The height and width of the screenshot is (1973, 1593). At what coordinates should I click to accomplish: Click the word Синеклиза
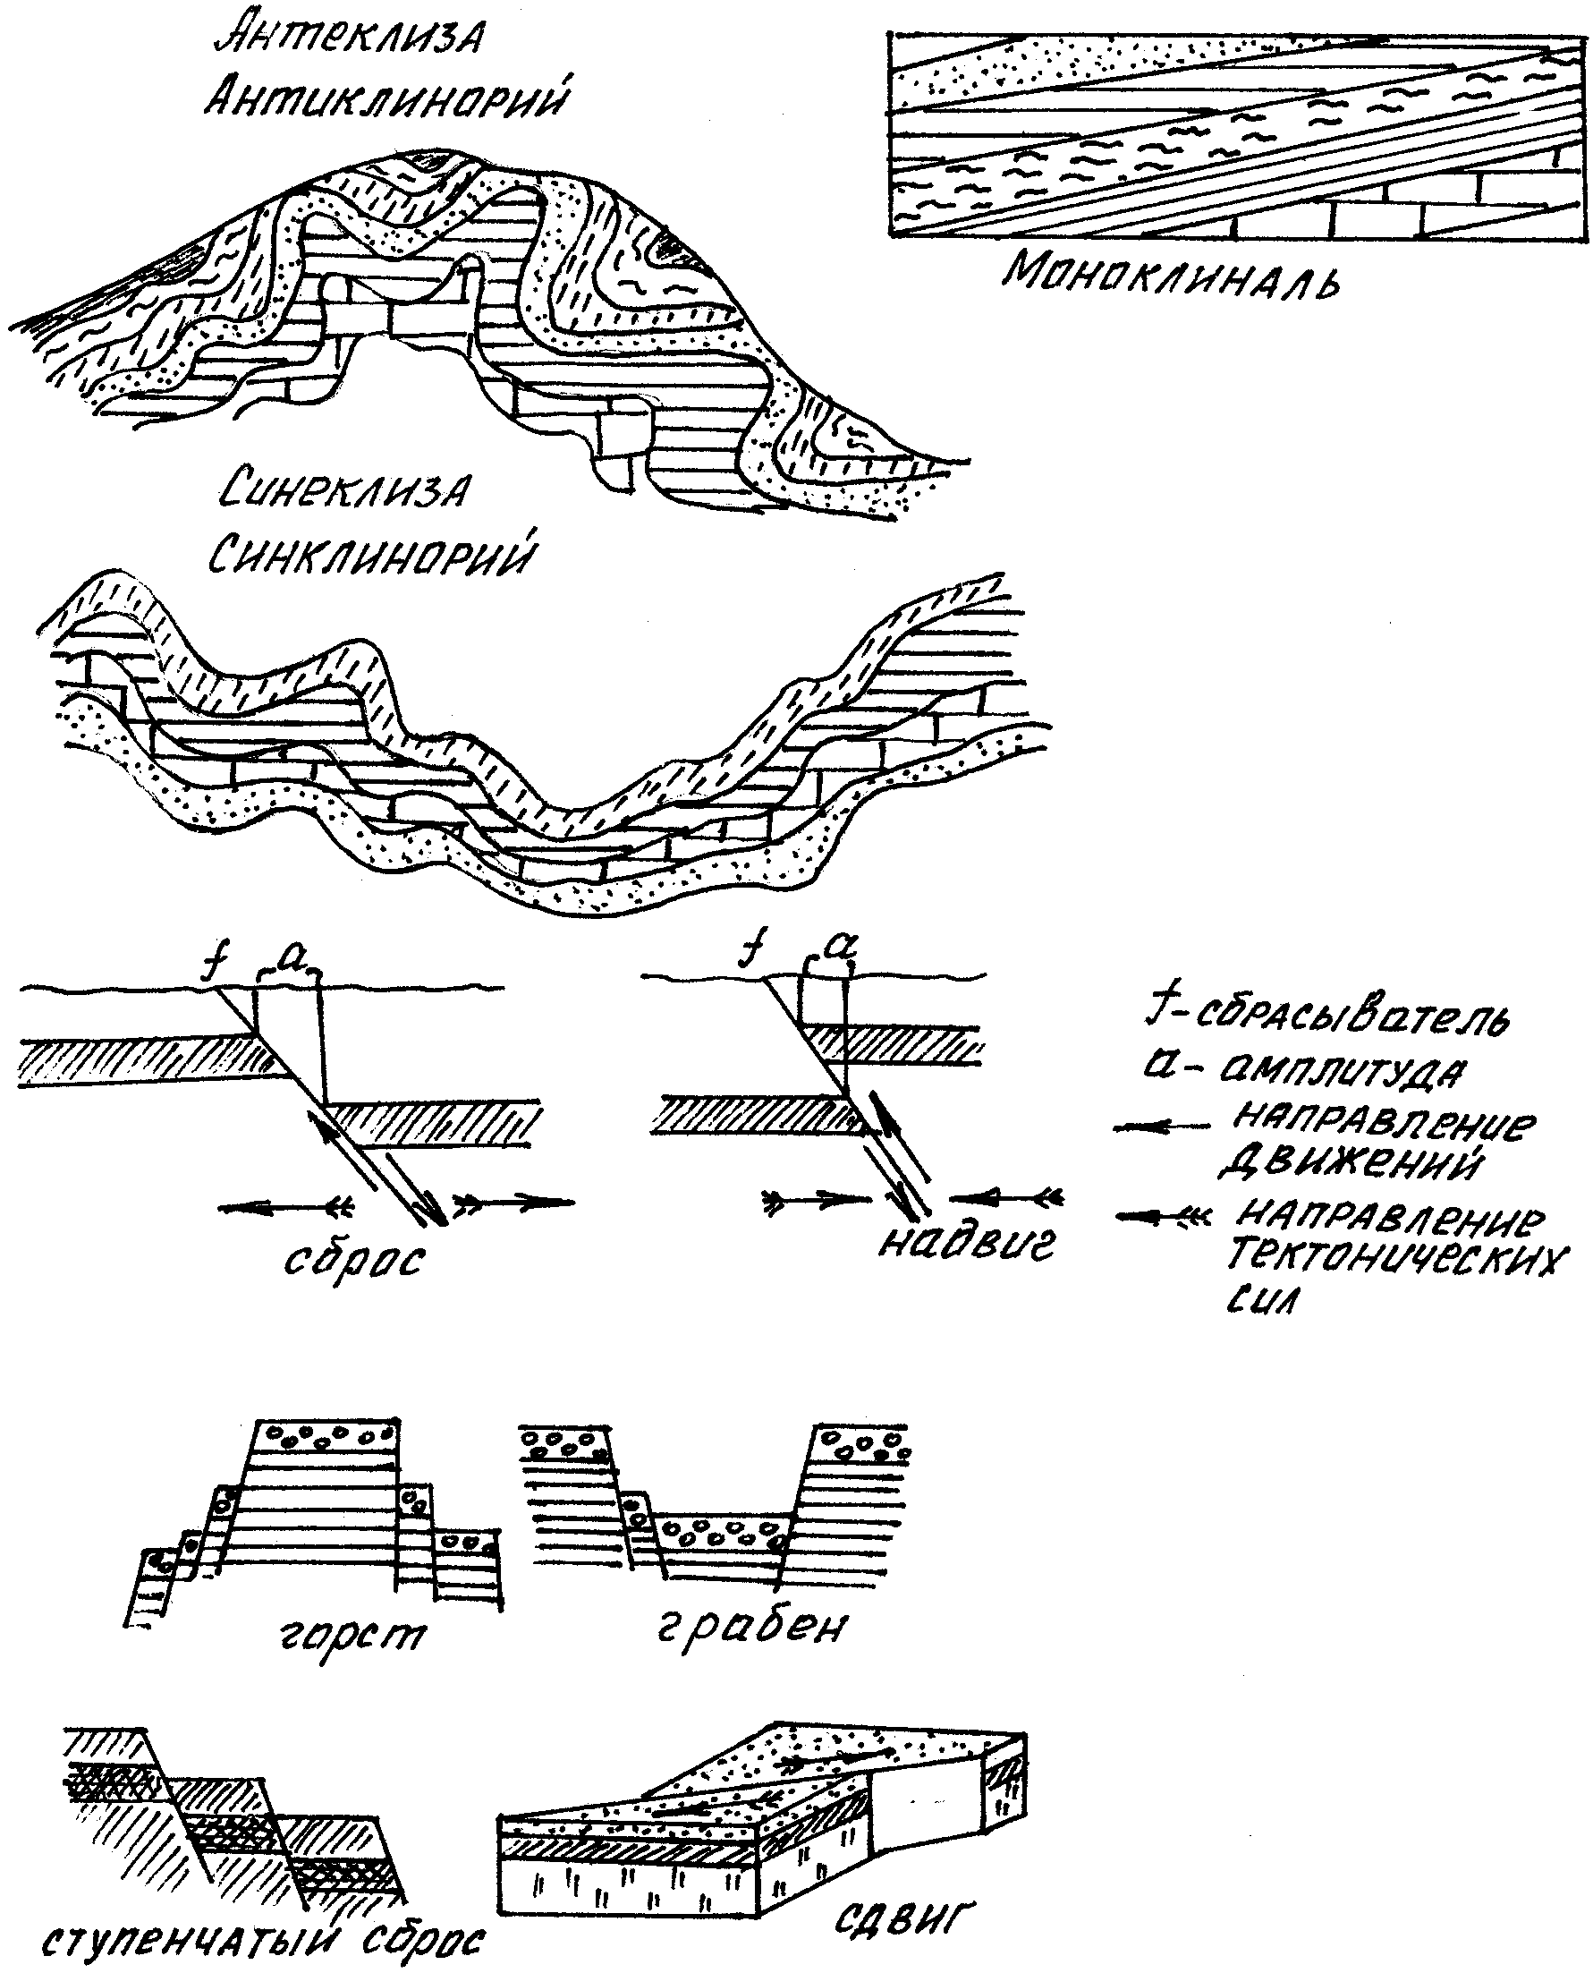coord(344,491)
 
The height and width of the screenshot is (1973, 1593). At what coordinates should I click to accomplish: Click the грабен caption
coord(752,1626)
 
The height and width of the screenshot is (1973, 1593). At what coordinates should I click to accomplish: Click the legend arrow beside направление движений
coord(1160,1127)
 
